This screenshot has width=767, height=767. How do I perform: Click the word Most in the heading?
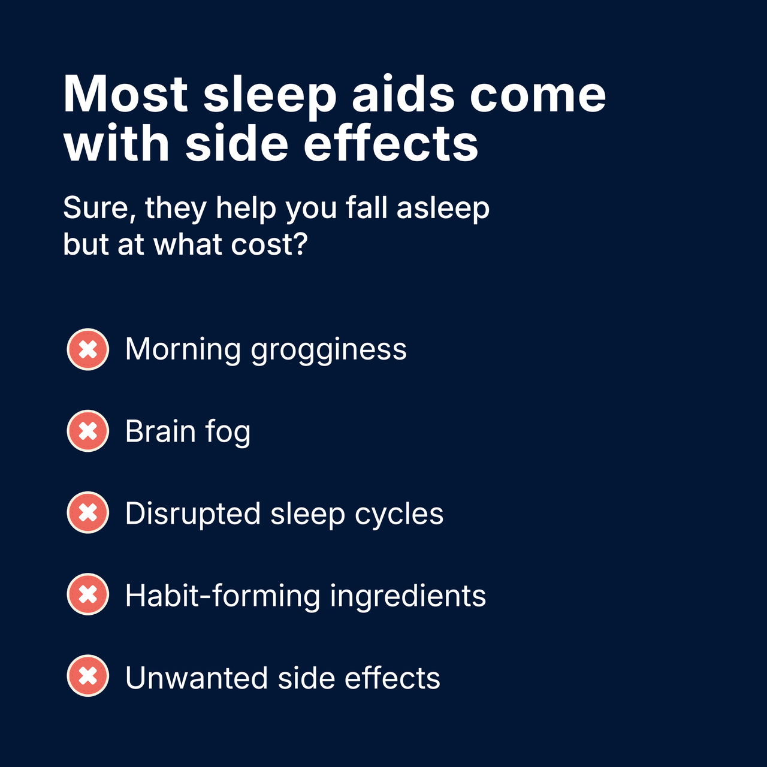pyautogui.click(x=125, y=94)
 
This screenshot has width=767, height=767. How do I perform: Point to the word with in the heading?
pyautogui.click(x=117, y=142)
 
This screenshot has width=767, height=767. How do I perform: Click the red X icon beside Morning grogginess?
pyautogui.click(x=87, y=349)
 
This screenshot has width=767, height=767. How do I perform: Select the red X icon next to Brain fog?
pyautogui.click(x=87, y=431)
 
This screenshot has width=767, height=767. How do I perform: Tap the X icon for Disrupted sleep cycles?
pyautogui.click(x=87, y=513)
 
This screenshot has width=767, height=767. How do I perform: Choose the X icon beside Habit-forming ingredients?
pyautogui.click(x=87, y=594)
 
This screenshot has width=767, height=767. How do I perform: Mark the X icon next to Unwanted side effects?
pyautogui.click(x=87, y=676)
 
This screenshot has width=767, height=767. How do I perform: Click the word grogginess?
pyautogui.click(x=329, y=351)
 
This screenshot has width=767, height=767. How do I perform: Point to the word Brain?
pyautogui.click(x=161, y=431)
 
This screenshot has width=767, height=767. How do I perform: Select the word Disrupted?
pyautogui.click(x=193, y=514)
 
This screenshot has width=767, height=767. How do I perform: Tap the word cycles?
pyautogui.click(x=399, y=514)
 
